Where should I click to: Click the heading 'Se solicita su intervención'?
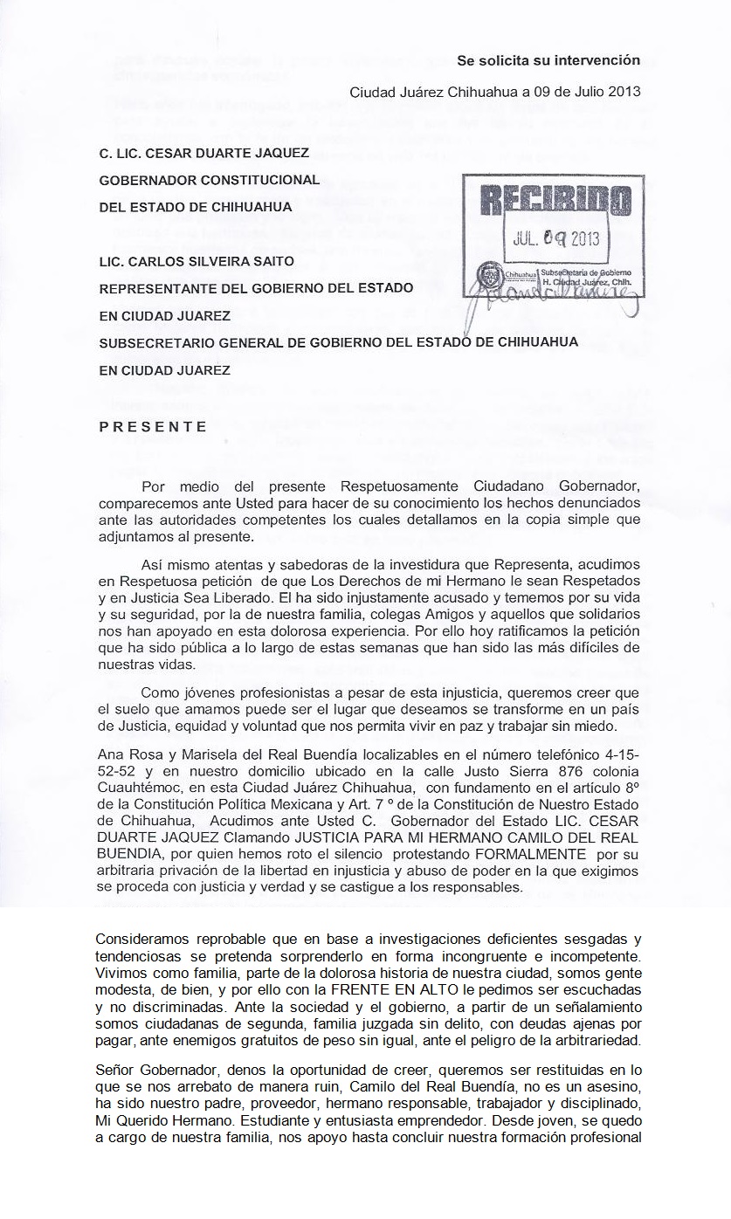point(548,60)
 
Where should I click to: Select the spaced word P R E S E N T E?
point(153,427)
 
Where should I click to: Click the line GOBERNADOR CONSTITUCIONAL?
point(210,181)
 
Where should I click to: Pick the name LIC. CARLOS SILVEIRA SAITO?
point(197,261)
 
